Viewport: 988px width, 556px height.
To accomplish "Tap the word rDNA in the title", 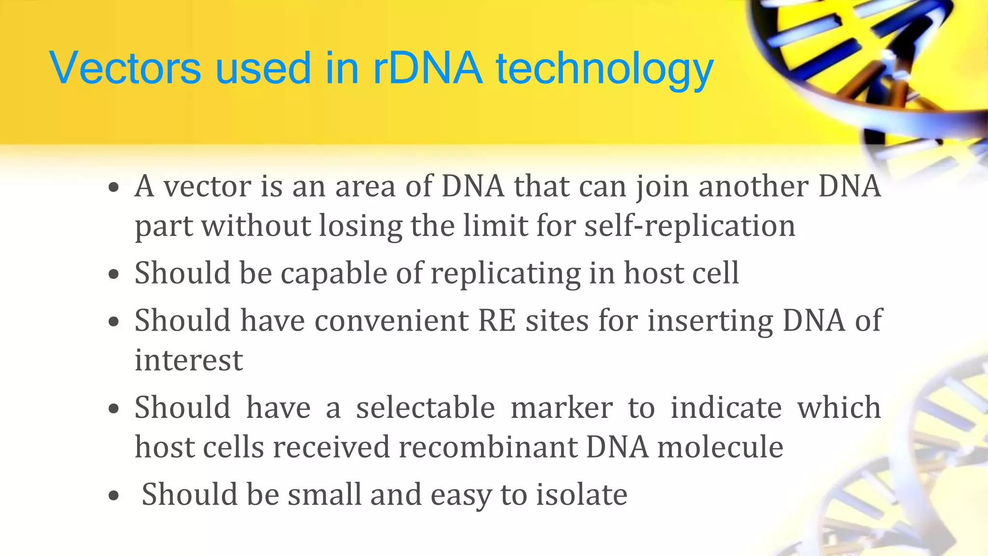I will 427,68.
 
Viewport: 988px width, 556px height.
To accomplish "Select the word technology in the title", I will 604,70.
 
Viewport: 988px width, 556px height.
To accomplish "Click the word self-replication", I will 690,226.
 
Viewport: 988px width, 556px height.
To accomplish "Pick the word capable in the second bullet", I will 334,274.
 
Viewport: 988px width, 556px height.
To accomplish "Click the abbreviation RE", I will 496,320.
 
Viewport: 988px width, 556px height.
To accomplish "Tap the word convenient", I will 391,320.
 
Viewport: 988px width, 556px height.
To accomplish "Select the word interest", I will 189,360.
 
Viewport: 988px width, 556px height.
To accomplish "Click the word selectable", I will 425,408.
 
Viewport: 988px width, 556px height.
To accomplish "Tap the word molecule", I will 720,447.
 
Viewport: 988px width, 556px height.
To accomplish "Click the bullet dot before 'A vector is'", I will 114,188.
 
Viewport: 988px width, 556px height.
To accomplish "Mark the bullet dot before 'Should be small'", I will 114,496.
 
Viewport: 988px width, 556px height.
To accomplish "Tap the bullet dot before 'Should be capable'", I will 114,275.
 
